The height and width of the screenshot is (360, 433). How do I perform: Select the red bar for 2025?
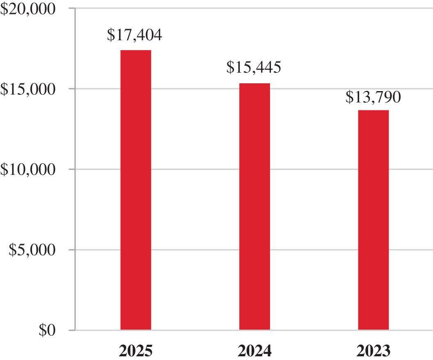135,190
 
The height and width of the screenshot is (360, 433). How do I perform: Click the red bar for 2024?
254,206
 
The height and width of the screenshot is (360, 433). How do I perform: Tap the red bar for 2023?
373,220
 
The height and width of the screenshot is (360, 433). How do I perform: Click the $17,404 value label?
135,35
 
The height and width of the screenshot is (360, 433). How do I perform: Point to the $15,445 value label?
254,67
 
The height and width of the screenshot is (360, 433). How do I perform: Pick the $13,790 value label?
373,97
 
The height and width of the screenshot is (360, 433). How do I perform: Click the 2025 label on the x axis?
135,351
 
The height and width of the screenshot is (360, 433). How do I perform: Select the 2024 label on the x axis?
254,351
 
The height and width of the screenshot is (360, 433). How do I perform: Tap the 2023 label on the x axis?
373,351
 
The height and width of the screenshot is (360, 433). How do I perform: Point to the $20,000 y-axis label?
27,9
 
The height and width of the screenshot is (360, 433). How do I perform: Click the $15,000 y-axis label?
27,89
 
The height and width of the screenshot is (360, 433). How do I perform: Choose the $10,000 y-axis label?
27,170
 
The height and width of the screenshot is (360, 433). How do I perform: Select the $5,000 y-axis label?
32,250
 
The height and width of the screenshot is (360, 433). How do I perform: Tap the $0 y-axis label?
47,330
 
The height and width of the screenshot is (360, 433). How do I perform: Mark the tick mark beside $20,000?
72,8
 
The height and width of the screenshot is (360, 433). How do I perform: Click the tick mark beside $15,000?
72,89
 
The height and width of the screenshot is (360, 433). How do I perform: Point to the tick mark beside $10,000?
72,169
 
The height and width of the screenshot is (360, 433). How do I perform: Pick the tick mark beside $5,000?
72,250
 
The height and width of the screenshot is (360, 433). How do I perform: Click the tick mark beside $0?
72,330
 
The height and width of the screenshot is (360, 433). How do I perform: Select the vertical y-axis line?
75,169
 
